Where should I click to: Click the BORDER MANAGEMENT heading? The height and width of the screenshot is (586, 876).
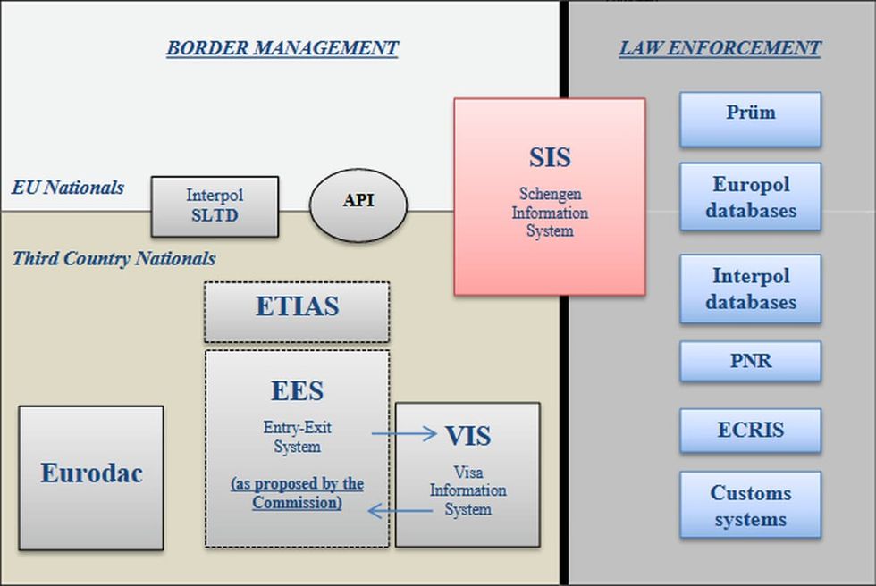tap(282, 48)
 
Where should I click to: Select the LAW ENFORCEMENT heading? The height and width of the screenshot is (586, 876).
tap(720, 48)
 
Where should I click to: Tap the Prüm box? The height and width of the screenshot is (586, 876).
tap(750, 119)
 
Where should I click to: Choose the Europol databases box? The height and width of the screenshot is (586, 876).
tap(750, 197)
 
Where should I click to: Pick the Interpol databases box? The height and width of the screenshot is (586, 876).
tap(750, 289)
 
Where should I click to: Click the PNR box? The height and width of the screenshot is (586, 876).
tap(750, 362)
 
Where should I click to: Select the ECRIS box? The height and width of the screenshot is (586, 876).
tap(750, 431)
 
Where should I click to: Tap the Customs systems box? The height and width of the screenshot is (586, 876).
tap(750, 506)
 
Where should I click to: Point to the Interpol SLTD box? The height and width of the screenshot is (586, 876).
tap(215, 205)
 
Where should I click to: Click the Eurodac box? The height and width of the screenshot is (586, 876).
tap(91, 477)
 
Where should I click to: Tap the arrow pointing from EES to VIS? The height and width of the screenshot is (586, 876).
tap(404, 434)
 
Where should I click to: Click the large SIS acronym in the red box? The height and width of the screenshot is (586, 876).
tap(549, 157)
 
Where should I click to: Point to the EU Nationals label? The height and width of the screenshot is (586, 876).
tap(68, 188)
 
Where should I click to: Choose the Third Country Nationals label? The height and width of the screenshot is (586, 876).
tap(114, 259)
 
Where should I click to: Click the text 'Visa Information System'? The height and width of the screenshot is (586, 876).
tap(467, 490)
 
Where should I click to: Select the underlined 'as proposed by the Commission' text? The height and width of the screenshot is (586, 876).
tap(297, 493)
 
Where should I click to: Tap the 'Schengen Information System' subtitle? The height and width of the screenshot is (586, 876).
tap(549, 212)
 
